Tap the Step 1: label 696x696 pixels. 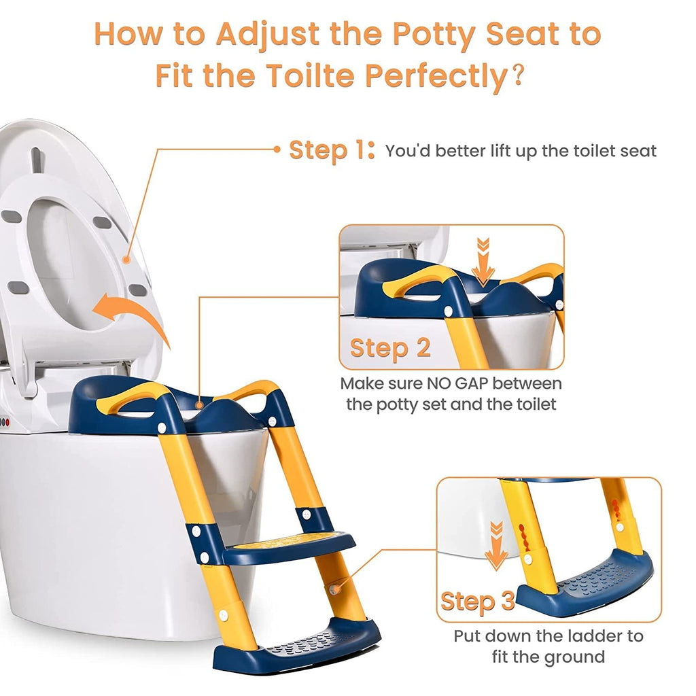[x=332, y=150]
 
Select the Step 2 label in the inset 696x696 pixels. [x=390, y=347]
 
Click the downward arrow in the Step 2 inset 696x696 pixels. [x=483, y=262]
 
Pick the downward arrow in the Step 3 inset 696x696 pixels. [x=496, y=546]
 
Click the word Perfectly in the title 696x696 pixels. [x=436, y=76]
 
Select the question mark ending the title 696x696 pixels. [x=518, y=75]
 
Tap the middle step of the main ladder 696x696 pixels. [x=288, y=546]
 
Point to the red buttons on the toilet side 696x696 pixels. [x=5, y=423]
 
